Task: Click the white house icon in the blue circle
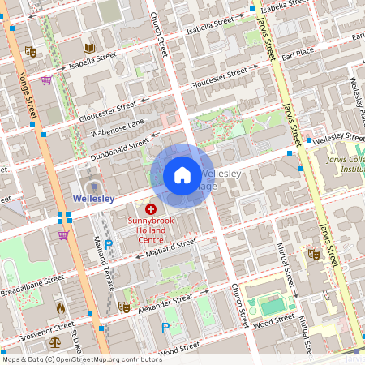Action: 182,175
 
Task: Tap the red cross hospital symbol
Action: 150,209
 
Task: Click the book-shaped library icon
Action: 88,49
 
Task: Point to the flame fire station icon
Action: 60,307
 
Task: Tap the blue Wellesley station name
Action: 93,197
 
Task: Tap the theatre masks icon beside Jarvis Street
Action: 313,254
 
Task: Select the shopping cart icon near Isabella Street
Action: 46,80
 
